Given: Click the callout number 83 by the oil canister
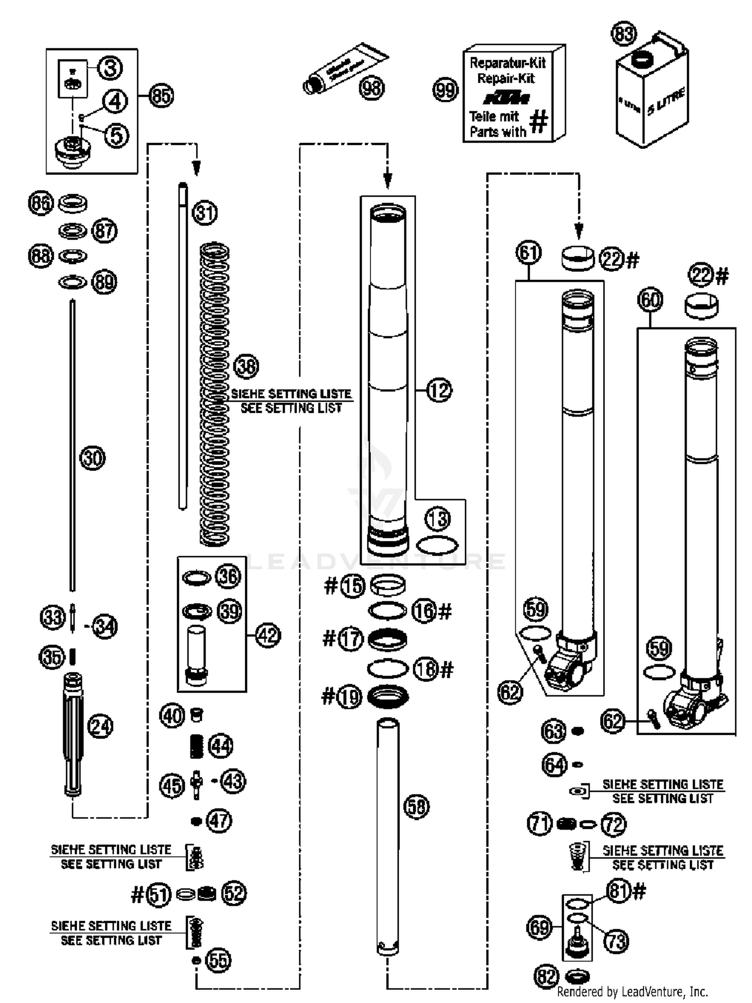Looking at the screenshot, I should point(623,35).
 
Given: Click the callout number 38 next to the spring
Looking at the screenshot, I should point(246,367).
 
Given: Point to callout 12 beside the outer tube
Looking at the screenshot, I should point(439,390).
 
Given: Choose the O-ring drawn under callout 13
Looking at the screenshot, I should point(437,545).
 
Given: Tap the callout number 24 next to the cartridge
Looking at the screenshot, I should point(101,726).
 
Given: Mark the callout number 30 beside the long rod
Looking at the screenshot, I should point(93,458).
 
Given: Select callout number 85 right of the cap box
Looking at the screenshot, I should point(161,95).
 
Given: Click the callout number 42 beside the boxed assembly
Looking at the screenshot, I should point(268,635).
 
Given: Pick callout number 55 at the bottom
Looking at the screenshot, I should point(219,960).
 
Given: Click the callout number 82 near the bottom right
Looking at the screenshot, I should point(546,976).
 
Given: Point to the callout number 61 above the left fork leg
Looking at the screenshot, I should point(528,253).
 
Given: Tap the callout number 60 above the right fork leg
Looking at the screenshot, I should point(650,300).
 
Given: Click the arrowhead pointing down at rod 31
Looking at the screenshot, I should point(197,168).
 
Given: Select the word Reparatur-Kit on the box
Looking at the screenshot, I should point(507,63).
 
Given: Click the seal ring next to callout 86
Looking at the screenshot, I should point(73,203).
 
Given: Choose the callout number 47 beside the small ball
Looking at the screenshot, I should point(220,821).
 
